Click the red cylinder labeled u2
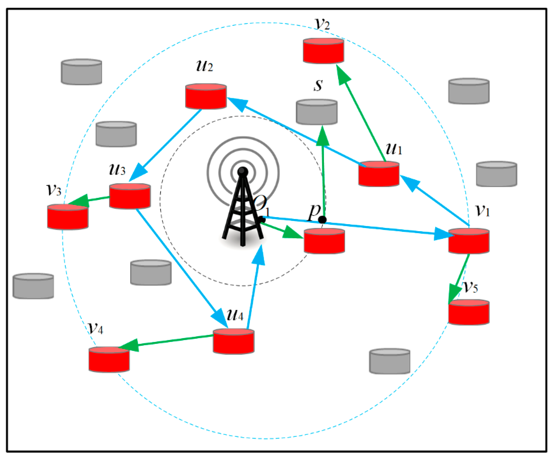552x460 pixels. point(206,96)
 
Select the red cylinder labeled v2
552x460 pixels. point(323,51)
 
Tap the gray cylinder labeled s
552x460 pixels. point(316,112)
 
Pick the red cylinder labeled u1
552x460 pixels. point(379,174)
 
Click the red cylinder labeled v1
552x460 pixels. point(469,241)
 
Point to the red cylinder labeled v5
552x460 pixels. point(469,312)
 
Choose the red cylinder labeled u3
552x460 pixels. point(130,196)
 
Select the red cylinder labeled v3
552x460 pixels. point(68,217)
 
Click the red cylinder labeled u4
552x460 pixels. point(233,341)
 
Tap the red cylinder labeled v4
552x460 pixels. point(109,360)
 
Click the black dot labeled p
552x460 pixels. point(322,220)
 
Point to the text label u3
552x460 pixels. point(117,169)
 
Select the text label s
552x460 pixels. point(318,85)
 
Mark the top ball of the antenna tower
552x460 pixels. point(242,172)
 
